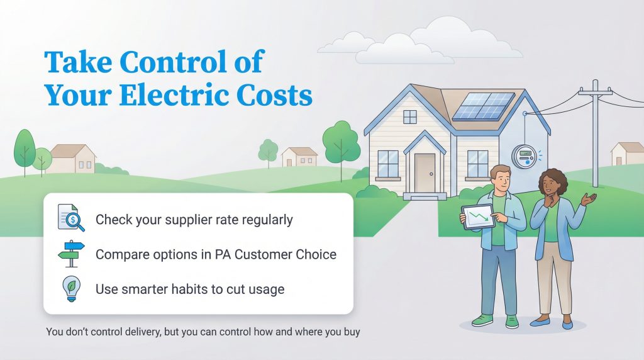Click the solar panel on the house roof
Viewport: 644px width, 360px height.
tap(482, 106)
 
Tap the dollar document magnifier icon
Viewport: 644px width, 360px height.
tap(70, 218)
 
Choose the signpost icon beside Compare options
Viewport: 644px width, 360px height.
tap(70, 254)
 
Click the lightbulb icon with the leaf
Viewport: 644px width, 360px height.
tap(70, 289)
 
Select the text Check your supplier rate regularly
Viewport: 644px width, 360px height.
tap(194, 220)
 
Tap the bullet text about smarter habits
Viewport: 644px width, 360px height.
tap(190, 290)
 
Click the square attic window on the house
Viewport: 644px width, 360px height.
tap(410, 116)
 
